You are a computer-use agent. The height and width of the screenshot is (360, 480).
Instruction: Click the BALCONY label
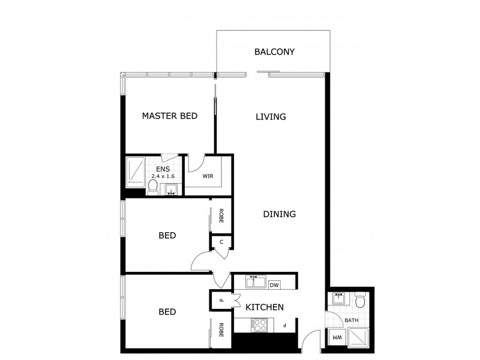pyautogui.click(x=274, y=52)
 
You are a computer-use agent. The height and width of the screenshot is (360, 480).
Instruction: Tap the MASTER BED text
pyautogui.click(x=169, y=116)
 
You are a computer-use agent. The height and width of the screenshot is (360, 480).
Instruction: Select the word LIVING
pyautogui.click(x=270, y=116)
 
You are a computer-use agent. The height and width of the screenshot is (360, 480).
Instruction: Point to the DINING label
pyautogui.click(x=279, y=214)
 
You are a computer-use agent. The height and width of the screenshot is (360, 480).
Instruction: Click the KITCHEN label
pyautogui.click(x=265, y=307)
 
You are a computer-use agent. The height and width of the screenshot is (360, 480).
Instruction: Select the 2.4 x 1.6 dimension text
pyautogui.click(x=163, y=176)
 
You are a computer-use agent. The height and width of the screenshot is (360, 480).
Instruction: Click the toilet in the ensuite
pyautogui.click(x=153, y=188)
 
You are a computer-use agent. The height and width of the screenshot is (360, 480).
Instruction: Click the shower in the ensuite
pyautogui.click(x=136, y=172)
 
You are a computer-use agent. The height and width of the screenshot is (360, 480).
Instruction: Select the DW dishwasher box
pyautogui.click(x=275, y=285)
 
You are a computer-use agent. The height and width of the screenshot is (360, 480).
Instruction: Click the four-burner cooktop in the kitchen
pyautogui.click(x=260, y=325)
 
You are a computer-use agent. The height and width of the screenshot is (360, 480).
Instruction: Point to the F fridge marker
pyautogui.click(x=286, y=326)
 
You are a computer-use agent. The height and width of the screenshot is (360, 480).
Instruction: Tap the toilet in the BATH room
pyautogui.click(x=360, y=300)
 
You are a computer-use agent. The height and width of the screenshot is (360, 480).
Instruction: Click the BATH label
pyautogui.click(x=351, y=320)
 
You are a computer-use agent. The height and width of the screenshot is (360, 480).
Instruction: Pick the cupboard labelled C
pyautogui.click(x=221, y=242)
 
